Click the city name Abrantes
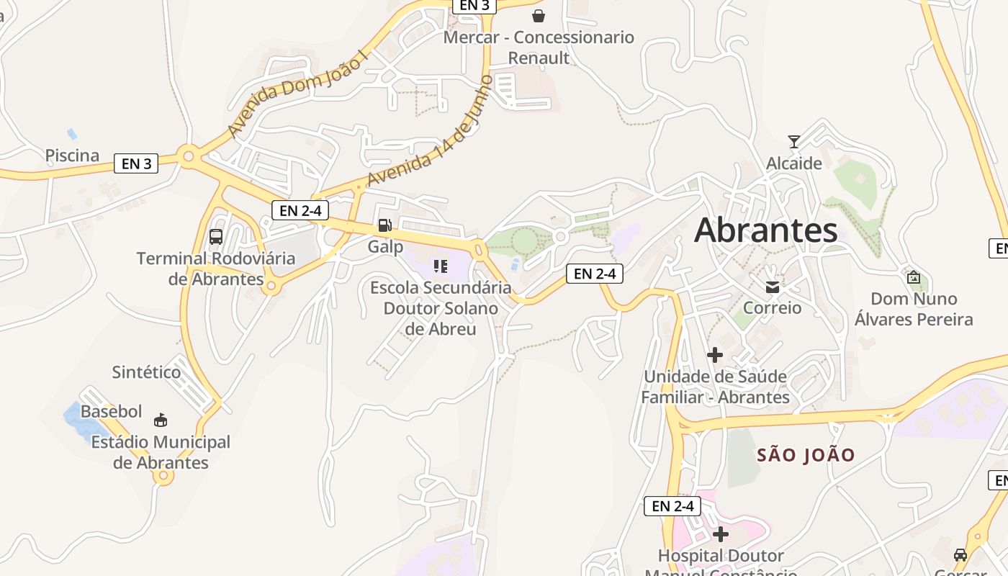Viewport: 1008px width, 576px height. click(x=765, y=230)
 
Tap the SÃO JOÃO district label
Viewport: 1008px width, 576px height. click(x=806, y=455)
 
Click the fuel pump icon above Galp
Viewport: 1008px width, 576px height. click(x=385, y=225)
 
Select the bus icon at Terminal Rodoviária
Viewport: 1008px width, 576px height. click(x=215, y=236)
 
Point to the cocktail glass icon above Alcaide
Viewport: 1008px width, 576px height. click(x=793, y=142)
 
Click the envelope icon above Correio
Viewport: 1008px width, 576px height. click(x=772, y=287)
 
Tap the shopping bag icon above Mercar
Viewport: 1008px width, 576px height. click(x=539, y=16)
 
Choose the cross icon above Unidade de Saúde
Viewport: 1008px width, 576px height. click(x=714, y=355)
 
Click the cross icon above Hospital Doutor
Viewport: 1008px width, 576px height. click(x=720, y=534)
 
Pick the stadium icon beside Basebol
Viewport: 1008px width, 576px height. click(x=161, y=420)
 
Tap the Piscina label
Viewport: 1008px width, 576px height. click(x=72, y=156)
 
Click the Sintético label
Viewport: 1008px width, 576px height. click(x=146, y=372)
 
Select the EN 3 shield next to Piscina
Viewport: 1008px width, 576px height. click(x=136, y=163)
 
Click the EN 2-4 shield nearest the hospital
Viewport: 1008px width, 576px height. click(x=672, y=506)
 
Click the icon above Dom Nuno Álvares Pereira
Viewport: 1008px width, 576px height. click(x=913, y=276)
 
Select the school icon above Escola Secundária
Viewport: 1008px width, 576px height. click(x=441, y=266)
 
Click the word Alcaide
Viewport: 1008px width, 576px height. click(x=793, y=163)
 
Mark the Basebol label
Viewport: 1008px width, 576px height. click(x=112, y=412)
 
